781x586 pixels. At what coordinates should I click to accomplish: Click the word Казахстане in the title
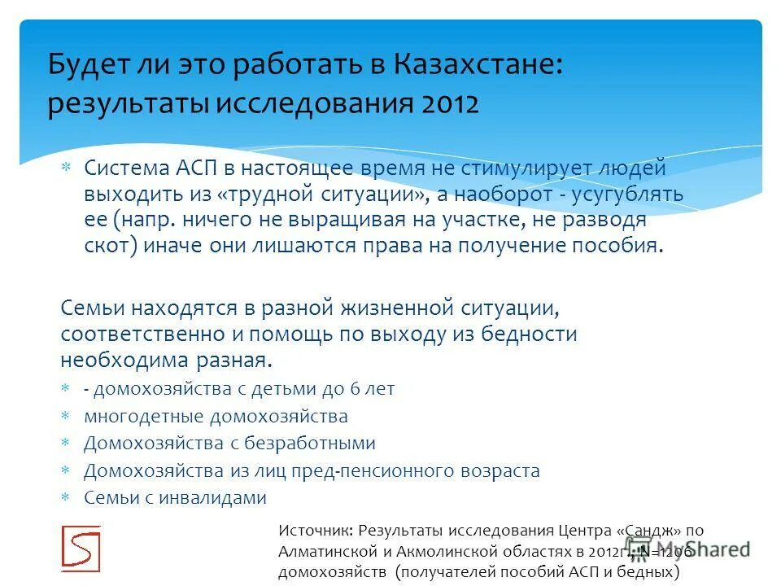(x=477, y=66)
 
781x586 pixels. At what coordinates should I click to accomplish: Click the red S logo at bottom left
(x=81, y=548)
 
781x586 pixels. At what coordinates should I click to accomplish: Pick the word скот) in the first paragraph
(x=111, y=247)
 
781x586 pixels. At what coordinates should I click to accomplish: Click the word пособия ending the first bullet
(x=617, y=247)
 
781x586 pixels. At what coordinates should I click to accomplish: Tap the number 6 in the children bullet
(x=355, y=389)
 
